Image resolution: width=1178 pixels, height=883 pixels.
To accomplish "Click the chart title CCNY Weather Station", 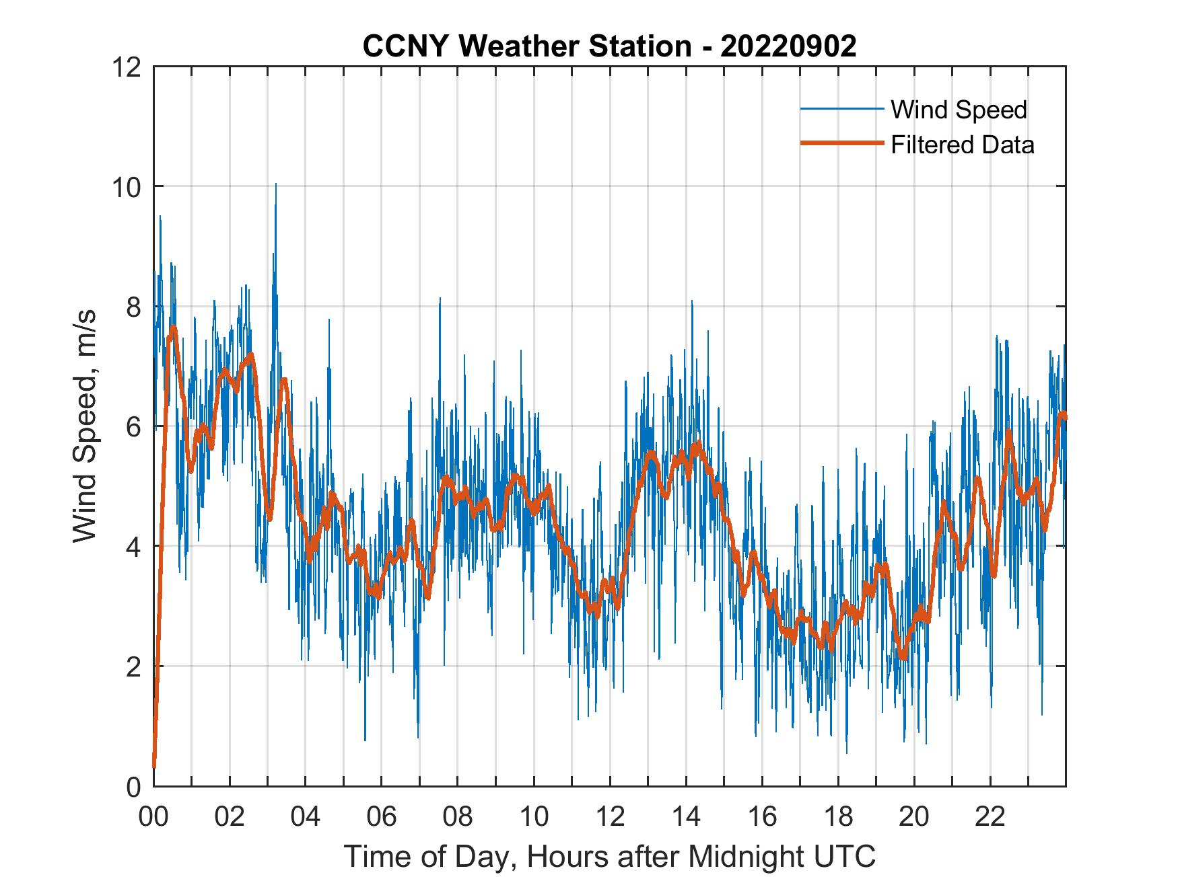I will (x=526, y=46).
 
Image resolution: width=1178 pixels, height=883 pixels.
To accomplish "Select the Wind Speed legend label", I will (x=959, y=110).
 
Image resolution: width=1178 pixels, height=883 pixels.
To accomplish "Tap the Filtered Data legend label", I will (x=962, y=145).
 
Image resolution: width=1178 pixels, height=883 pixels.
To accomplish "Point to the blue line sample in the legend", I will (x=841, y=109).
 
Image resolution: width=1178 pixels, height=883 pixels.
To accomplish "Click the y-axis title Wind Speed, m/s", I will (x=84, y=426).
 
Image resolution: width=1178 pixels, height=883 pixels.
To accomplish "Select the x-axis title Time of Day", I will (x=610, y=856).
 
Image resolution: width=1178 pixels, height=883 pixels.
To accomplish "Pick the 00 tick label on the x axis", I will (x=153, y=816).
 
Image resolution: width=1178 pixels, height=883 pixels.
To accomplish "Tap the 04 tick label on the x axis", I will (x=306, y=816).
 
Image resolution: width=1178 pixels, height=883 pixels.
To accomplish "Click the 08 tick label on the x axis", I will (x=458, y=816).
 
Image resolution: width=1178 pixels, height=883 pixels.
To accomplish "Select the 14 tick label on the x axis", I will (x=686, y=816).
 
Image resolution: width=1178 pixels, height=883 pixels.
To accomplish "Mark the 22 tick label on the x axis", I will (x=990, y=816).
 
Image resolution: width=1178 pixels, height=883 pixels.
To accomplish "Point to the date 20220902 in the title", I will (x=788, y=46).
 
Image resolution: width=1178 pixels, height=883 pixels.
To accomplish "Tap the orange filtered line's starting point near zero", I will (x=154, y=765).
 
